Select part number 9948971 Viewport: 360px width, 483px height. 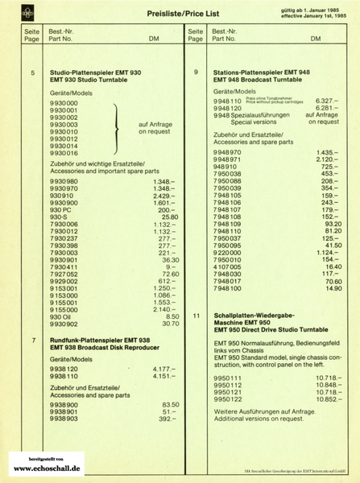(227, 159)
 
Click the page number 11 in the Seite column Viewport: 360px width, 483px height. (197, 316)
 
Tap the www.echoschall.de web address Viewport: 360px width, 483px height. (47, 467)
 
